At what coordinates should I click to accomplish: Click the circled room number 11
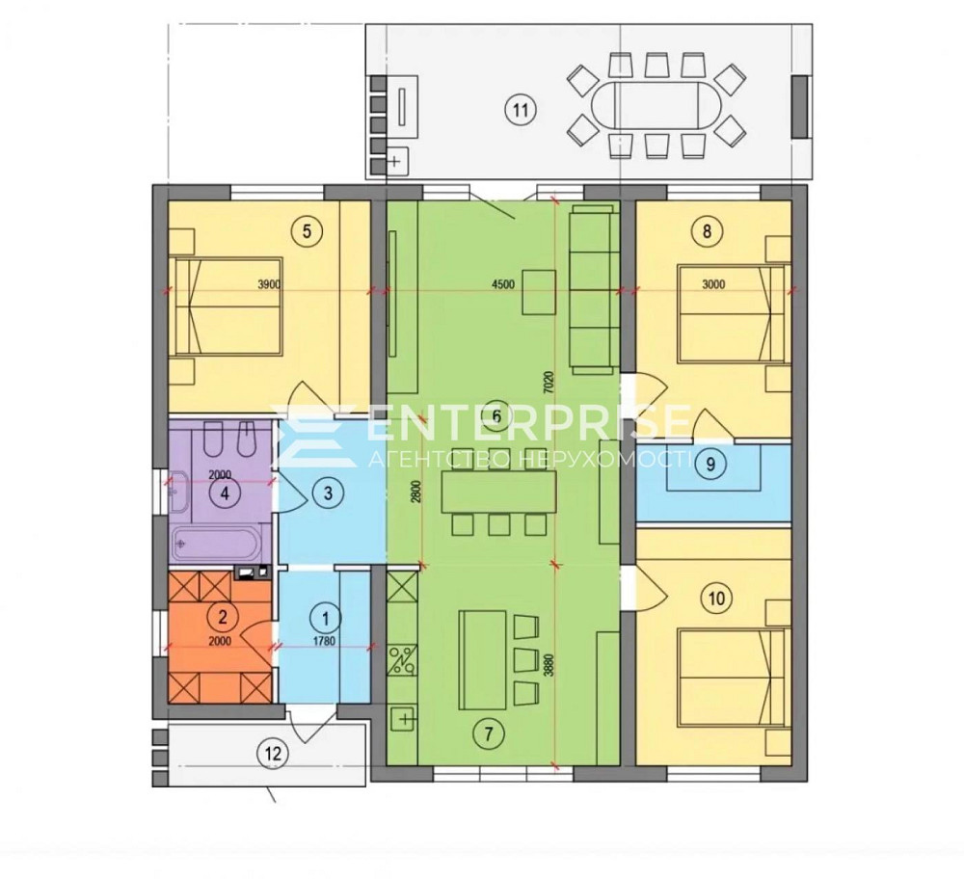tap(521, 111)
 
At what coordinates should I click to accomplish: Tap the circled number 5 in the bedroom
tap(308, 231)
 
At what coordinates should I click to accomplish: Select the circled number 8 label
tap(707, 231)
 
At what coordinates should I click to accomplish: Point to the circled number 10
tap(716, 598)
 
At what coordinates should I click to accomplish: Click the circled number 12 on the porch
tap(274, 753)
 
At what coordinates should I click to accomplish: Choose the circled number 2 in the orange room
tap(224, 616)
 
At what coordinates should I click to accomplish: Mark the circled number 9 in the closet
tap(710, 464)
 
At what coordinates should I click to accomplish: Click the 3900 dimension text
tap(269, 284)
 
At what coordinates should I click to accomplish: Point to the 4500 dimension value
tap(503, 284)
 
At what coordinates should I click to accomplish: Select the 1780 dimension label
tap(326, 642)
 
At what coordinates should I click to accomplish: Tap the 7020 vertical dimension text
tap(550, 383)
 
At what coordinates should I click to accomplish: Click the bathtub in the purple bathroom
tap(216, 543)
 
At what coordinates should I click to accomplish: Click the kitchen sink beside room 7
tap(403, 719)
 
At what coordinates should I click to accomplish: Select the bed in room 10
tap(732, 678)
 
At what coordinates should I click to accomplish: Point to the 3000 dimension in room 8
tap(713, 284)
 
